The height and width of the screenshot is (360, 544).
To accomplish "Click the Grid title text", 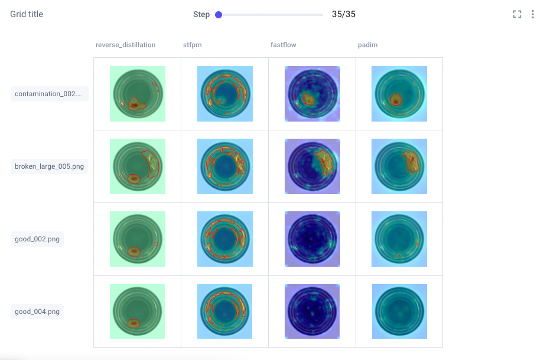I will pos(27,14).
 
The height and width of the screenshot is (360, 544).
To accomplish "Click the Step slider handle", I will pos(219,15).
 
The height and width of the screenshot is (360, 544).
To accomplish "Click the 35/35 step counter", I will pos(344,14).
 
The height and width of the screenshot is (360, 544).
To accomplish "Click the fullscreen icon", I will pos(517,15).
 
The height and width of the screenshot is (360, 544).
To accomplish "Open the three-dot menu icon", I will pos(532,15).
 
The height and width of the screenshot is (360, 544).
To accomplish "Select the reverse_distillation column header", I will pos(126,45).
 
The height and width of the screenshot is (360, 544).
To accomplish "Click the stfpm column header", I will pos(193,45).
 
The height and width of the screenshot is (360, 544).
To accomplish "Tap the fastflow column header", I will pos(283,45).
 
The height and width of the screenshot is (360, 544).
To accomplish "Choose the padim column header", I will pos(367,45).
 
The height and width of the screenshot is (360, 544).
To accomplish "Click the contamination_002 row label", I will pos(50,94).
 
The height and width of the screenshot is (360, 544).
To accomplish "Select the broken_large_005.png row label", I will pos(50,166).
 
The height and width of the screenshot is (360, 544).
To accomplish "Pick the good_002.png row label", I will pos(37,239).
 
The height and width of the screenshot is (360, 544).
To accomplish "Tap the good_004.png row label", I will pos(37,312).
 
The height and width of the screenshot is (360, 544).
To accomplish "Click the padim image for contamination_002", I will pos(399,94).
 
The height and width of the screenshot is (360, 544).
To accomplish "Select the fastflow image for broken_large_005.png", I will pos(312,166).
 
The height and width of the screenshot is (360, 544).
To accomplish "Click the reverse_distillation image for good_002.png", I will pos(138,239).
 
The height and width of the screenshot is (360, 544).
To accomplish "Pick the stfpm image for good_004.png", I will pos(225,312).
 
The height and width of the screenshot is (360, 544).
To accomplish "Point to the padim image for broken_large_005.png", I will pos(399,166).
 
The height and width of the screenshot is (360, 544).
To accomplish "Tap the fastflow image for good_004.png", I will pos(312,312).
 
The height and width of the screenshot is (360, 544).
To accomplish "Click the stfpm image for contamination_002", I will pos(225,94).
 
